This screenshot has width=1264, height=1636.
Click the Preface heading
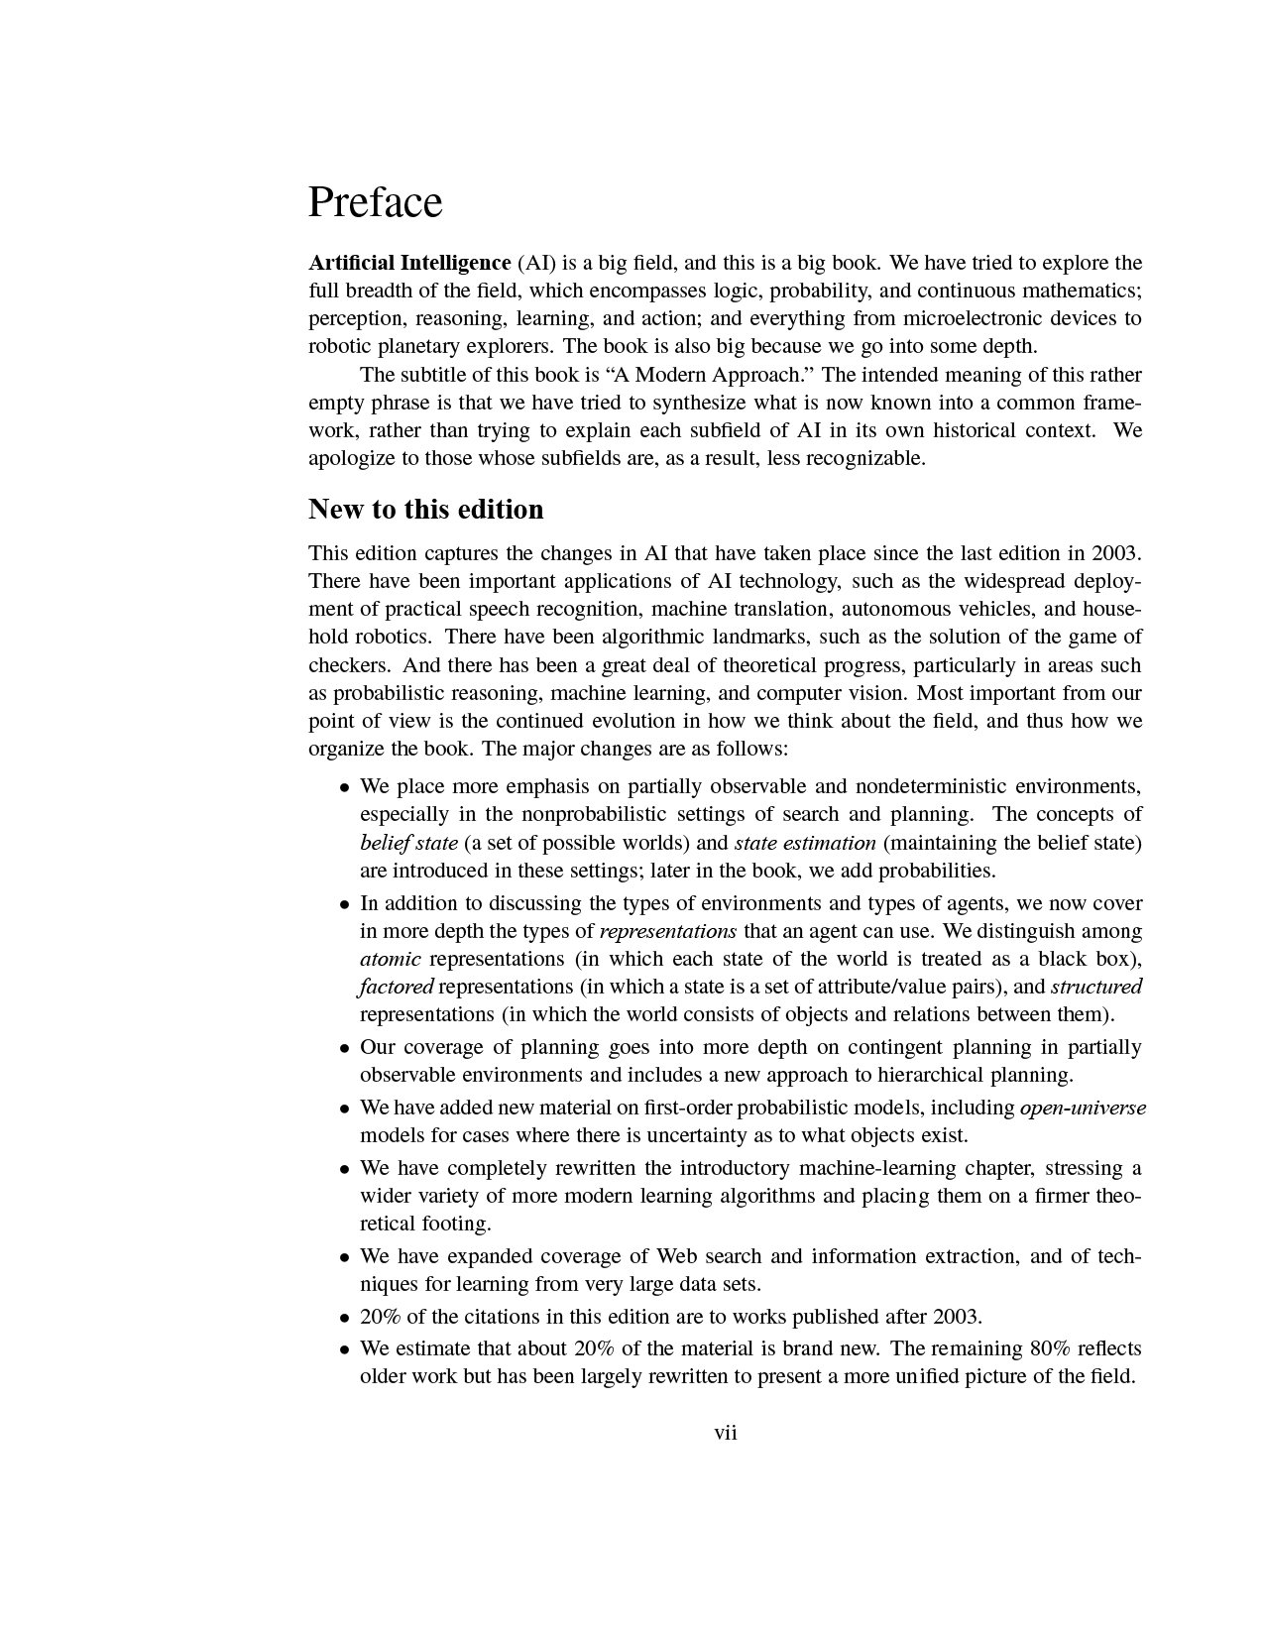(x=375, y=202)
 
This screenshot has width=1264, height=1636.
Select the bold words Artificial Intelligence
(x=409, y=263)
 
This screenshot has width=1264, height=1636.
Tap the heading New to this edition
(x=426, y=509)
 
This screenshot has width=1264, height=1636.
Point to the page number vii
(x=726, y=1433)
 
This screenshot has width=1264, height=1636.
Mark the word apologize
(x=351, y=458)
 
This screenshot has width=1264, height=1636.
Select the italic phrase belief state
(x=408, y=843)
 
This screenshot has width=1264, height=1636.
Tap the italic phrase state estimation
(x=805, y=843)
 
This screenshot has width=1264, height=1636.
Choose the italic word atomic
(x=390, y=959)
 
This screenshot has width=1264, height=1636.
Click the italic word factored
(x=396, y=987)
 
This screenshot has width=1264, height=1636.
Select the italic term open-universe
(x=1083, y=1108)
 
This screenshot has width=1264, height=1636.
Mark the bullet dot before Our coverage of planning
(x=344, y=1048)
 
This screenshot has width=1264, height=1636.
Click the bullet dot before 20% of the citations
(x=344, y=1318)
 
